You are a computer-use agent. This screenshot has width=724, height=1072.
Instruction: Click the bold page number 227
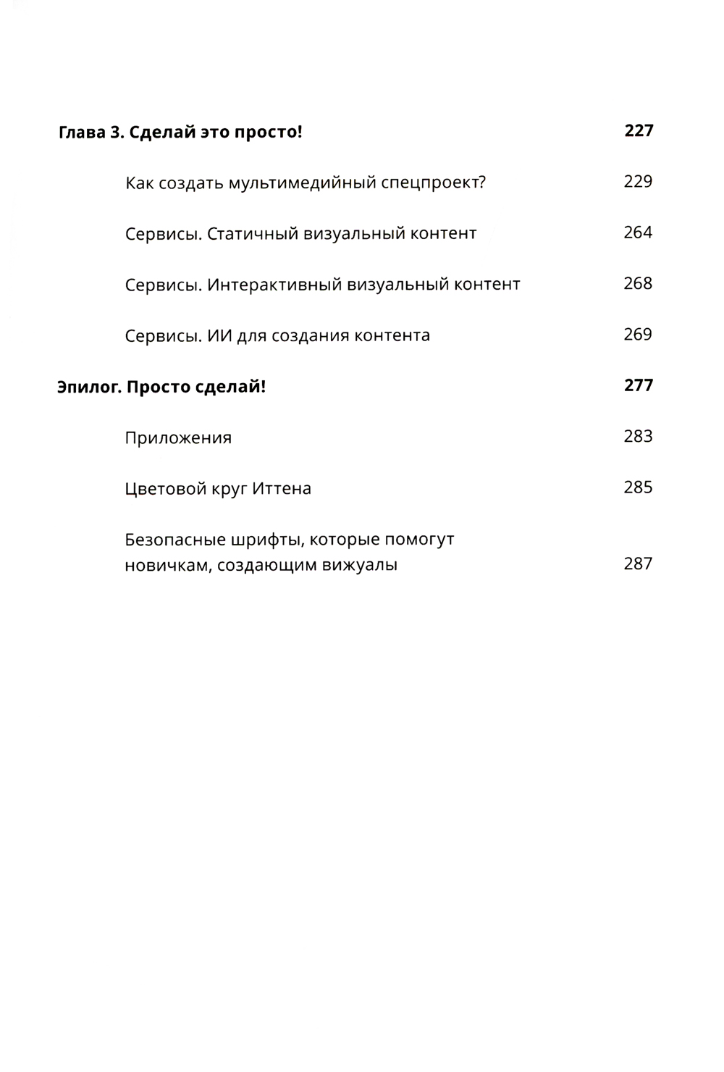(x=638, y=130)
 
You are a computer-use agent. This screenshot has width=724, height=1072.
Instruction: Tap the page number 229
(x=638, y=181)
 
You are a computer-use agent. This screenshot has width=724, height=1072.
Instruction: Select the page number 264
(x=638, y=233)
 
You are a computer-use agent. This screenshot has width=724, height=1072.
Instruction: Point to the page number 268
(x=638, y=283)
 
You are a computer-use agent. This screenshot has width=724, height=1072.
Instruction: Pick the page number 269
(x=638, y=334)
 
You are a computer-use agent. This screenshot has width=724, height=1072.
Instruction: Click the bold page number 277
(x=638, y=385)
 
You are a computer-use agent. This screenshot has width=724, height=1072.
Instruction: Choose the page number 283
(x=638, y=436)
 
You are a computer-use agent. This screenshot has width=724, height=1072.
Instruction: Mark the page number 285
(x=638, y=487)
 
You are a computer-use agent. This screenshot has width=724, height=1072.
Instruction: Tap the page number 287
(x=638, y=564)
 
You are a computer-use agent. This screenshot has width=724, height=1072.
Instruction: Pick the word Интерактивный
(x=274, y=285)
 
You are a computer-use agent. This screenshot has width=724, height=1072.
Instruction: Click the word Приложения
(x=178, y=438)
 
